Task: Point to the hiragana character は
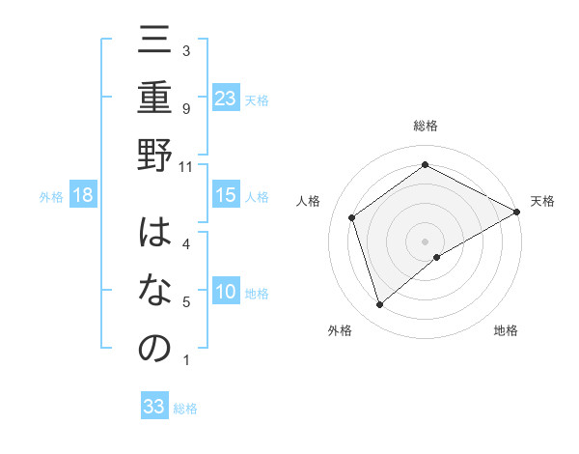coord(154,235)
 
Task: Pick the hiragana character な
coord(154,292)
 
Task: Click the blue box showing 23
coord(226,98)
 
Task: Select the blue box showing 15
coord(226,196)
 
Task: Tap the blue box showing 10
coord(226,293)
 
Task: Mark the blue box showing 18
coord(83,196)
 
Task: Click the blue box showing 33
coord(154,407)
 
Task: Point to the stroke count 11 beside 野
coord(185,167)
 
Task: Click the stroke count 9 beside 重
coord(185,109)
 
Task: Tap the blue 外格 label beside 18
coord(51,197)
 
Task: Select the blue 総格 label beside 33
coord(185,409)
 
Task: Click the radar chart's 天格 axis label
coord(542,201)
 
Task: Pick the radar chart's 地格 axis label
coord(506,330)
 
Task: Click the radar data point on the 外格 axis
coord(380,305)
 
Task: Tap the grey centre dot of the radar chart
coord(425,241)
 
